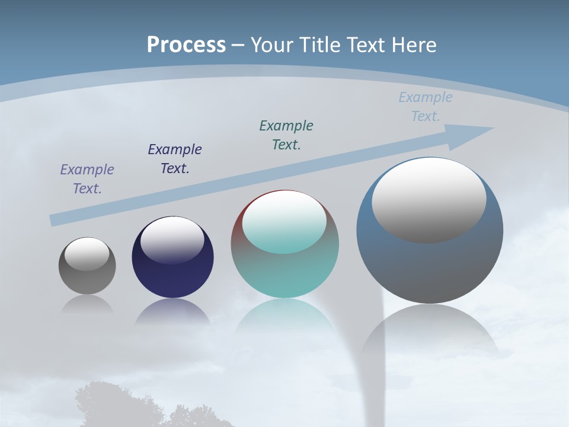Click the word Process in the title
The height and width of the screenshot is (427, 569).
tap(186, 45)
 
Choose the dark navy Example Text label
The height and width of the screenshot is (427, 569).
tap(175, 158)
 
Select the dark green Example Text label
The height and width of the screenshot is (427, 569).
tap(286, 135)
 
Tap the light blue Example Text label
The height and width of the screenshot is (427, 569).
tap(426, 106)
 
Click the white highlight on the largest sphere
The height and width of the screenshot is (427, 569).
tap(429, 199)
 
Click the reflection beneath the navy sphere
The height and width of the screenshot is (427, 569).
tap(172, 311)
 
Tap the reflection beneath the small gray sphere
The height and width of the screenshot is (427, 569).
tap(87, 304)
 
